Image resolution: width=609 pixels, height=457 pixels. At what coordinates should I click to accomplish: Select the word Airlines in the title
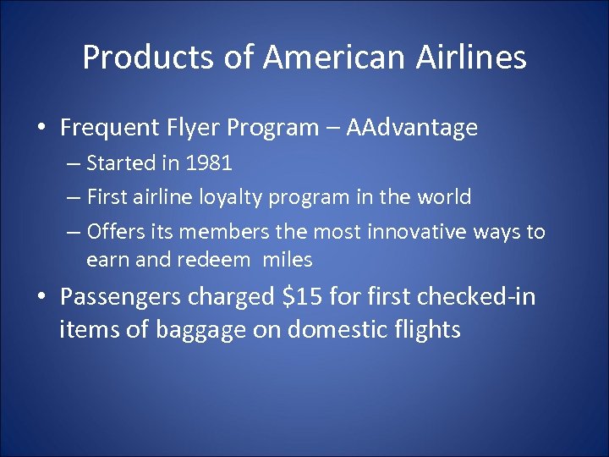point(481,58)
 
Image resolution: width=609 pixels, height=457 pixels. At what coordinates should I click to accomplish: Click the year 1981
point(208,162)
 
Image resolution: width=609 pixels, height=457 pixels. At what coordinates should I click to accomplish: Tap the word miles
point(288,260)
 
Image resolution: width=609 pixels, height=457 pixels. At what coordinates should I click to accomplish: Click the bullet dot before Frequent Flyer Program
point(41,129)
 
